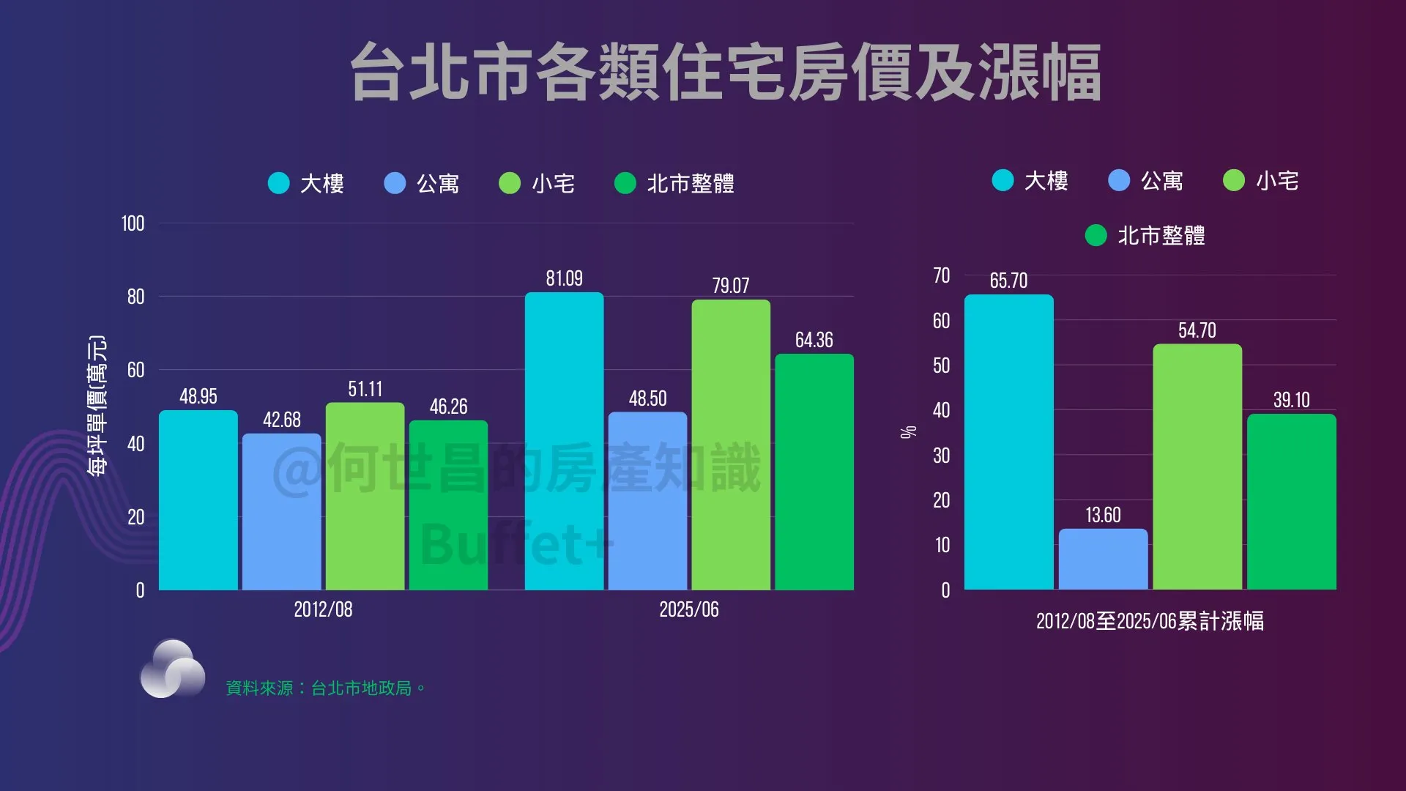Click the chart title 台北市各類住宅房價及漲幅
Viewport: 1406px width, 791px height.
pos(725,72)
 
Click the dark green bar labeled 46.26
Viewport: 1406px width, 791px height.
pos(448,505)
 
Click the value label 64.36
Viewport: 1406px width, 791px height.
pos(814,340)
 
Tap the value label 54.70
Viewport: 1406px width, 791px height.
pos(1197,330)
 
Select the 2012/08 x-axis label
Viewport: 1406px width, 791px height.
pos(323,609)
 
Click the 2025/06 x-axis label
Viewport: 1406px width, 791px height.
pos(688,609)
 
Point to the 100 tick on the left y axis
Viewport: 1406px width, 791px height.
pos(133,223)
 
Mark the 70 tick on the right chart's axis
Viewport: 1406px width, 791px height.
pos(941,275)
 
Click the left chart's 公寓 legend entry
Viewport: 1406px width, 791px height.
pos(423,183)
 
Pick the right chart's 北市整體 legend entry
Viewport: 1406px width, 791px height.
pos(1146,235)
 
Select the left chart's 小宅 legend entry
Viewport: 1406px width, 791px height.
pos(538,183)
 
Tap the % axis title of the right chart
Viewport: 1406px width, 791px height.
pos(908,432)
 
